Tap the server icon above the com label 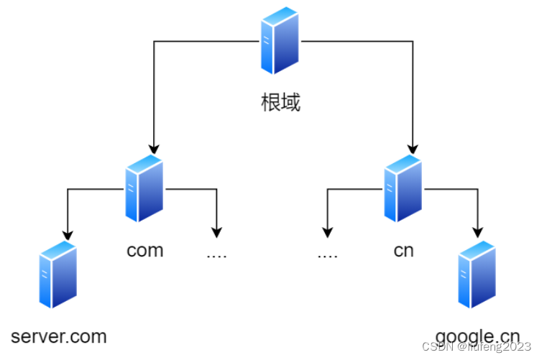(144, 189)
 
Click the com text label (144, 250)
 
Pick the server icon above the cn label (403, 189)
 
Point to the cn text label (403, 251)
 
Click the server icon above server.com (58, 275)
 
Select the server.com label (59, 336)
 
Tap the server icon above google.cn (477, 275)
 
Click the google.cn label (477, 336)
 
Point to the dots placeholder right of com (216, 254)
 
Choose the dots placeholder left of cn (327, 254)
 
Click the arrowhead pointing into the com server (153, 149)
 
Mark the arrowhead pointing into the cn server (413, 149)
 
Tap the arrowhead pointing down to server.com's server (68, 234)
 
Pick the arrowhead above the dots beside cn (327, 232)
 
